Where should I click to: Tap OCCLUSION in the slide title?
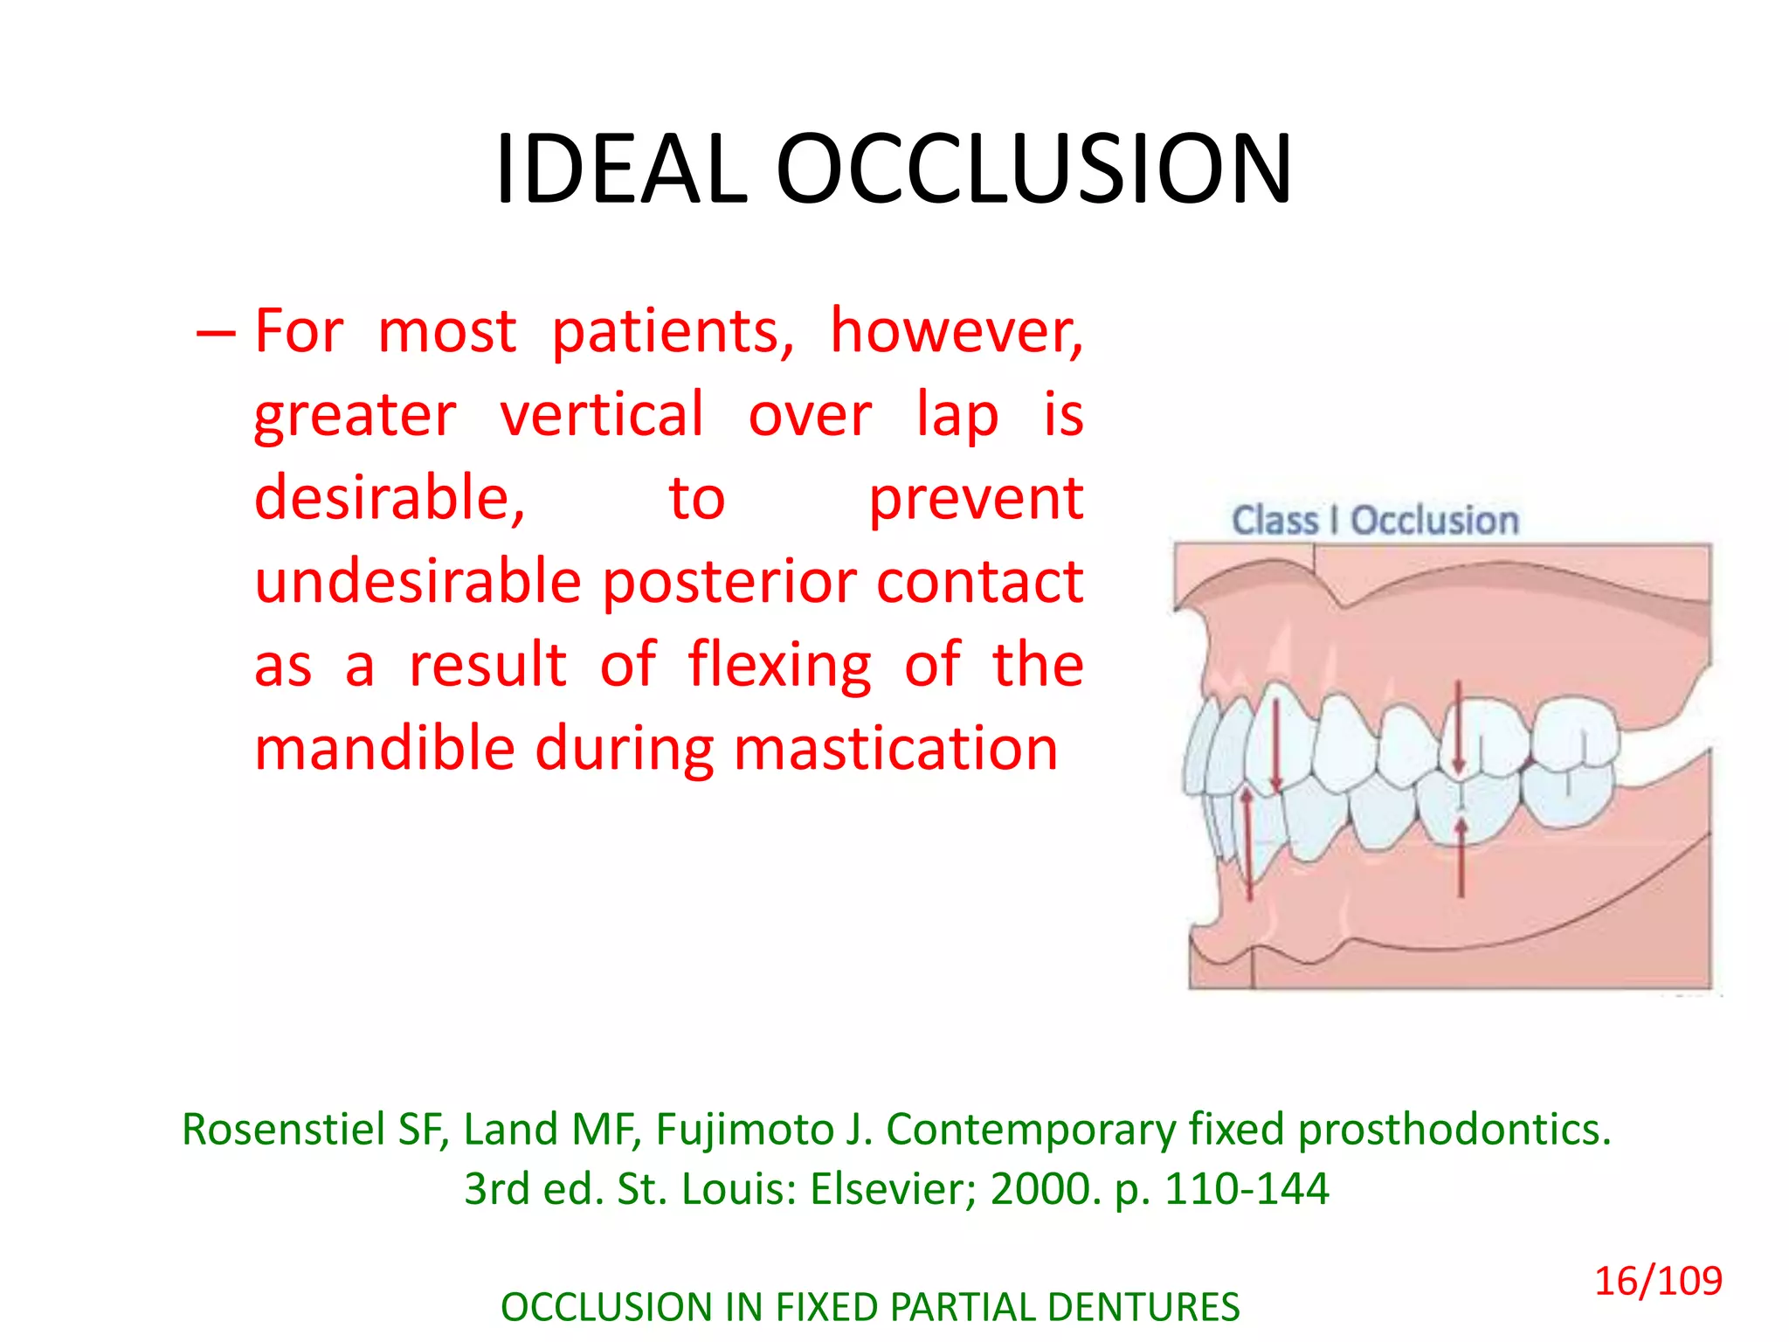(x=1033, y=169)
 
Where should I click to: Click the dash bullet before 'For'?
(x=215, y=333)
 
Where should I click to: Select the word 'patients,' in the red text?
(x=673, y=332)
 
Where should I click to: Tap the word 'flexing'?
(x=779, y=665)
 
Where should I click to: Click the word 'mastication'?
(x=895, y=749)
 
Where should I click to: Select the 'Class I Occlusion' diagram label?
(x=1375, y=521)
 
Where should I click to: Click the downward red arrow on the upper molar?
(x=1458, y=725)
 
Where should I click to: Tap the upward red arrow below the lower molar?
(x=1461, y=856)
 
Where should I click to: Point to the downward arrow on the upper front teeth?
(x=1275, y=743)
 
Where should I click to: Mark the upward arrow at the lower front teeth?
(x=1247, y=843)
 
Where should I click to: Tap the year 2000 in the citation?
(x=1045, y=1189)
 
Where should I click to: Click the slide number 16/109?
(x=1658, y=1282)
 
